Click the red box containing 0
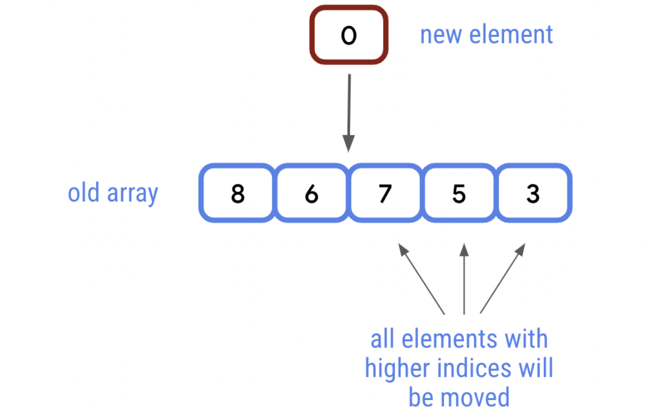[349, 36]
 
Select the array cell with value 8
[237, 193]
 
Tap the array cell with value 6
[311, 193]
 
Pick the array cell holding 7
[385, 193]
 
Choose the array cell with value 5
[459, 193]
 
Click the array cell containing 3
[532, 193]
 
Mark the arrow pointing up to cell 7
[421, 278]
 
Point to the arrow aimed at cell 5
[464, 278]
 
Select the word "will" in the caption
[536, 369]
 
